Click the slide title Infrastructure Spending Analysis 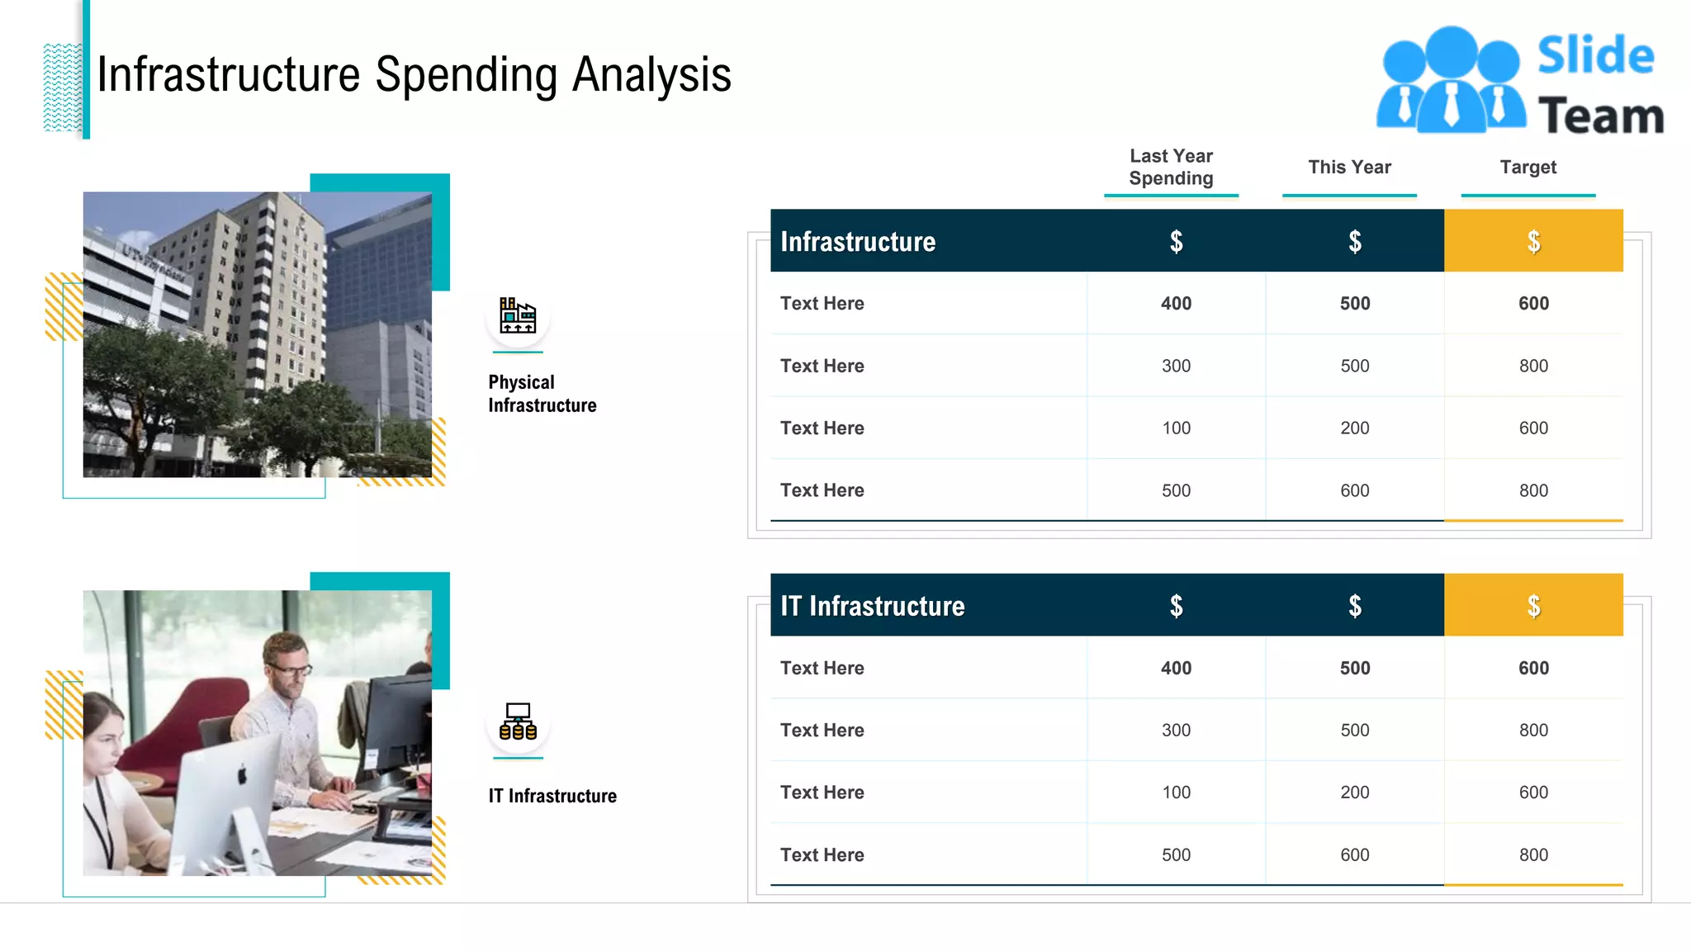tap(414, 74)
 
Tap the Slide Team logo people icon tap(1451, 81)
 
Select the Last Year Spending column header tap(1171, 167)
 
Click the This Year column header tap(1349, 167)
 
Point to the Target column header tap(1528, 167)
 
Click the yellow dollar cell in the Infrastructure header tap(1533, 241)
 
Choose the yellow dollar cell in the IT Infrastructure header tap(1533, 606)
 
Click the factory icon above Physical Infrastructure tap(518, 315)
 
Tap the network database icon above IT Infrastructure tap(518, 722)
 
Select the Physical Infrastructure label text tap(542, 394)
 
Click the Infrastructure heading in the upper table tap(858, 241)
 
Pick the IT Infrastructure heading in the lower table tap(872, 606)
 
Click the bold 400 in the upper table tap(1176, 304)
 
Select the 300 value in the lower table tap(1176, 731)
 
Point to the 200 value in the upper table tap(1354, 428)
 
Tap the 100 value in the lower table tap(1176, 792)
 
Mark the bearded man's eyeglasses tap(290, 669)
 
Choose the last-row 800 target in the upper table tap(1533, 490)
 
